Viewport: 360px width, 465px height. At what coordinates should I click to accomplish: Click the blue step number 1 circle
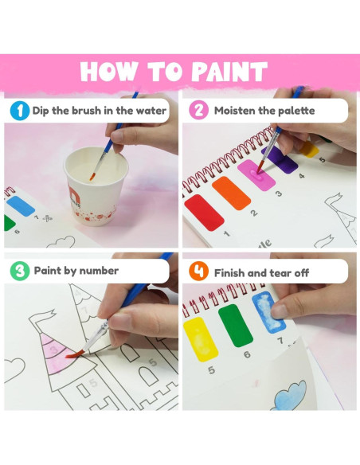tap(20, 111)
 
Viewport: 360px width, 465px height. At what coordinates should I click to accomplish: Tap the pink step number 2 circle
tap(198, 110)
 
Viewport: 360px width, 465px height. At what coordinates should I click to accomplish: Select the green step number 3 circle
tap(20, 271)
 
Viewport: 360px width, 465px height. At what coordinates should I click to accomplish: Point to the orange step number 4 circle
tap(198, 271)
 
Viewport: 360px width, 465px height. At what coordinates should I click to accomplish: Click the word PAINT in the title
tap(229, 71)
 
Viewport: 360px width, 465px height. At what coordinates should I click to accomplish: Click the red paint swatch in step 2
tap(204, 213)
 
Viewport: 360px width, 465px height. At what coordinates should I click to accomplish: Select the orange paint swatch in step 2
tap(231, 193)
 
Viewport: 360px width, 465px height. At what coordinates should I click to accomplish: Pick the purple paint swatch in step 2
tap(280, 160)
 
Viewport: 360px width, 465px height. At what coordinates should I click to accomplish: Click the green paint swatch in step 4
tap(236, 325)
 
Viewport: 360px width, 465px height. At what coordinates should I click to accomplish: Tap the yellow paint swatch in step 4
tap(201, 339)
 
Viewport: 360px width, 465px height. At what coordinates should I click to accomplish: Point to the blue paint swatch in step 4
tap(268, 312)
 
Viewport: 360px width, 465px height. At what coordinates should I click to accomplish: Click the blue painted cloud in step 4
tap(290, 397)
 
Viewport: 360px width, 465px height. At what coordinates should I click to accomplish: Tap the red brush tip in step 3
tap(72, 354)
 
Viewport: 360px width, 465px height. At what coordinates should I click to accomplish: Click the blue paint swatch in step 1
tap(21, 205)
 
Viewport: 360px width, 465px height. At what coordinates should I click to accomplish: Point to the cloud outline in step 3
tap(14, 369)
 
